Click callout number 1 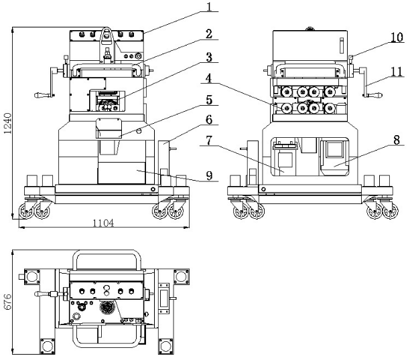209,7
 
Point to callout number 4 209,78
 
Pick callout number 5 209,100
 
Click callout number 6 209,120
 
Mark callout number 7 209,141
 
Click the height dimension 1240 8,123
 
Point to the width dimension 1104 102,223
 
